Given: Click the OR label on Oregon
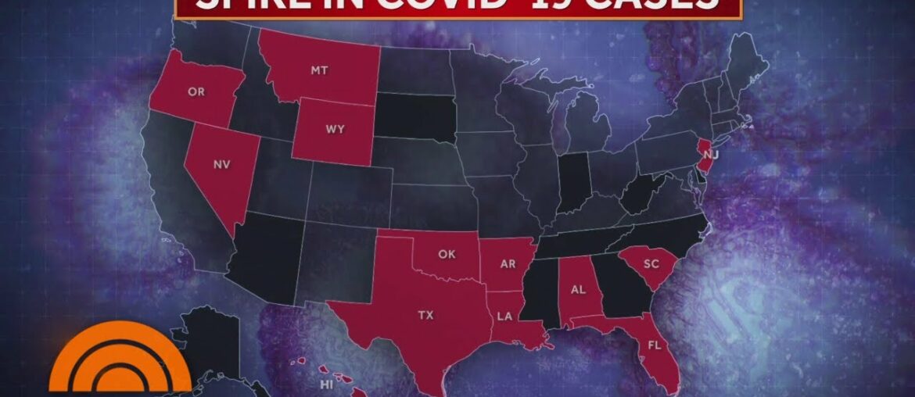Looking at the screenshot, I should point(196,91).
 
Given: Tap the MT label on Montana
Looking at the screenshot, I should point(318,70).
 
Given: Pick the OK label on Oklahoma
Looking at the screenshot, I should point(447,253).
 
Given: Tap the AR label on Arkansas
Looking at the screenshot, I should point(508,264).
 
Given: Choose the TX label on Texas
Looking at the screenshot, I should point(425,316).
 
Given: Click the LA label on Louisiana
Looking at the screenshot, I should point(503,318).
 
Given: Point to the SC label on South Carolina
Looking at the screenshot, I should point(651,264).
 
